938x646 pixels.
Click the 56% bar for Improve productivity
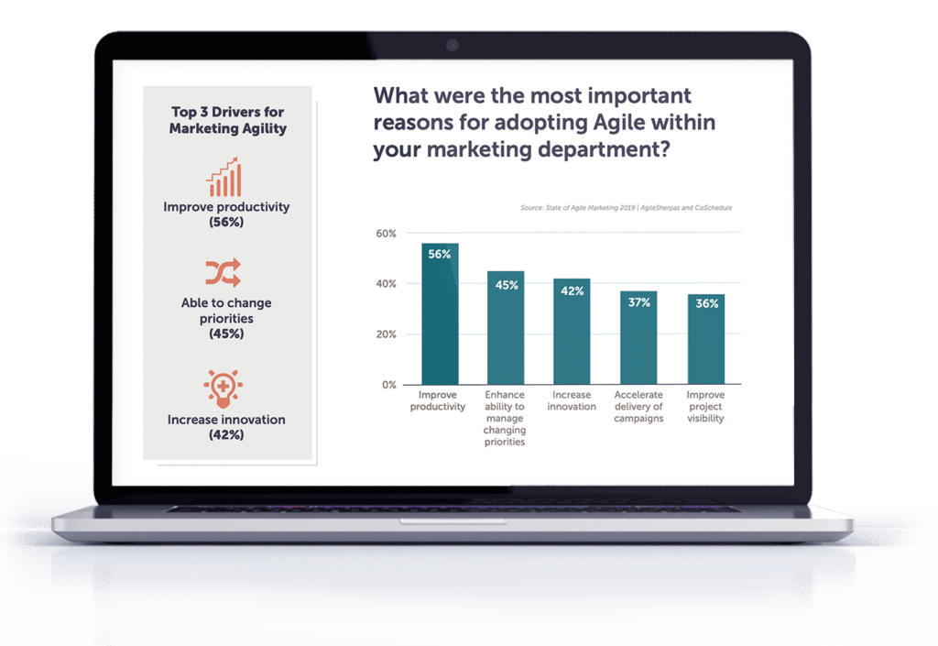tap(440, 313)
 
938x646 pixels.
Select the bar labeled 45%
tap(506, 328)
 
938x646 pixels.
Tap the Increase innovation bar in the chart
tap(572, 332)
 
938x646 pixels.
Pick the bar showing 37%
tap(638, 338)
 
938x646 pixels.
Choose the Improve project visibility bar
tap(706, 339)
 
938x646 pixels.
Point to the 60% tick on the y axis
tap(386, 234)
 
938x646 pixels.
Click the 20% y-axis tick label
tap(386, 334)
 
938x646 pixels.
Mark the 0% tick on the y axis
tap(388, 385)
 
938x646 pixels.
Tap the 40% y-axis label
tap(386, 283)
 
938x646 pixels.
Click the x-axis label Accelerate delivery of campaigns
tap(638, 407)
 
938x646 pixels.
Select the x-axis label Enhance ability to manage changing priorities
tap(505, 418)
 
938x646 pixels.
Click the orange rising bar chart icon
tap(224, 177)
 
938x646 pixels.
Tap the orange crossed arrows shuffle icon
tap(224, 273)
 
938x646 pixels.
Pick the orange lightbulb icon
tap(224, 389)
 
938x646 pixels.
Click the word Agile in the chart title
tap(619, 123)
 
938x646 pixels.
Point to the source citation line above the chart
tap(626, 208)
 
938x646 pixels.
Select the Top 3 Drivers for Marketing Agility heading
tap(227, 120)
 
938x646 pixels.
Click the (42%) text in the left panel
tap(226, 435)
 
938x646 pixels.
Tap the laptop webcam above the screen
tap(453, 45)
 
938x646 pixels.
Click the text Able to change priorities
tap(226, 311)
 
